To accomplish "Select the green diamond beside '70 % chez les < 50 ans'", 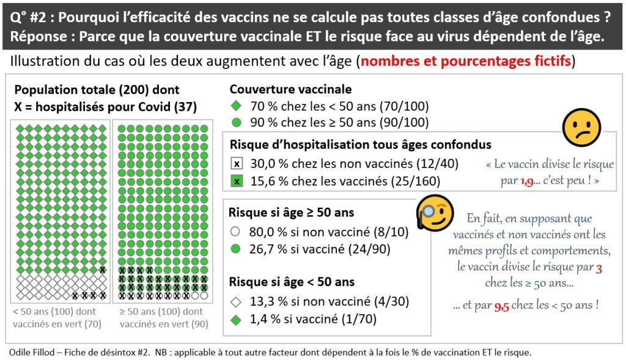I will pos(236,106).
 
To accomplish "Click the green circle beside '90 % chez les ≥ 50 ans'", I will pos(236,122).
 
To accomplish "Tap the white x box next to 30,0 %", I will pos(237,164).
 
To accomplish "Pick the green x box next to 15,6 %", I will pos(237,181).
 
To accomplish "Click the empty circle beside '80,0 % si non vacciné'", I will pos(236,232).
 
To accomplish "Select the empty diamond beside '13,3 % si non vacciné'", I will pos(236,301).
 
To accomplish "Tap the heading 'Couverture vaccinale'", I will pos(290,89).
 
